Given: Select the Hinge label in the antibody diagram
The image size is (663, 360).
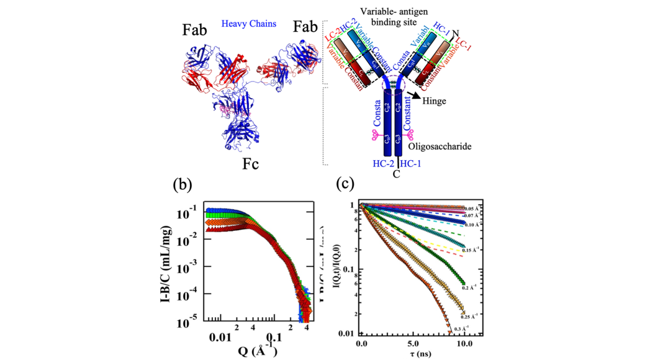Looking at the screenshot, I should (435, 100).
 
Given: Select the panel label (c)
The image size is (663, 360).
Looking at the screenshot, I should (345, 184).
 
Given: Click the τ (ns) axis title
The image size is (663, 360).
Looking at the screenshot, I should (412, 354).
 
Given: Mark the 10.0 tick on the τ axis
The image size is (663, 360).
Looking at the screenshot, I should (464, 342).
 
